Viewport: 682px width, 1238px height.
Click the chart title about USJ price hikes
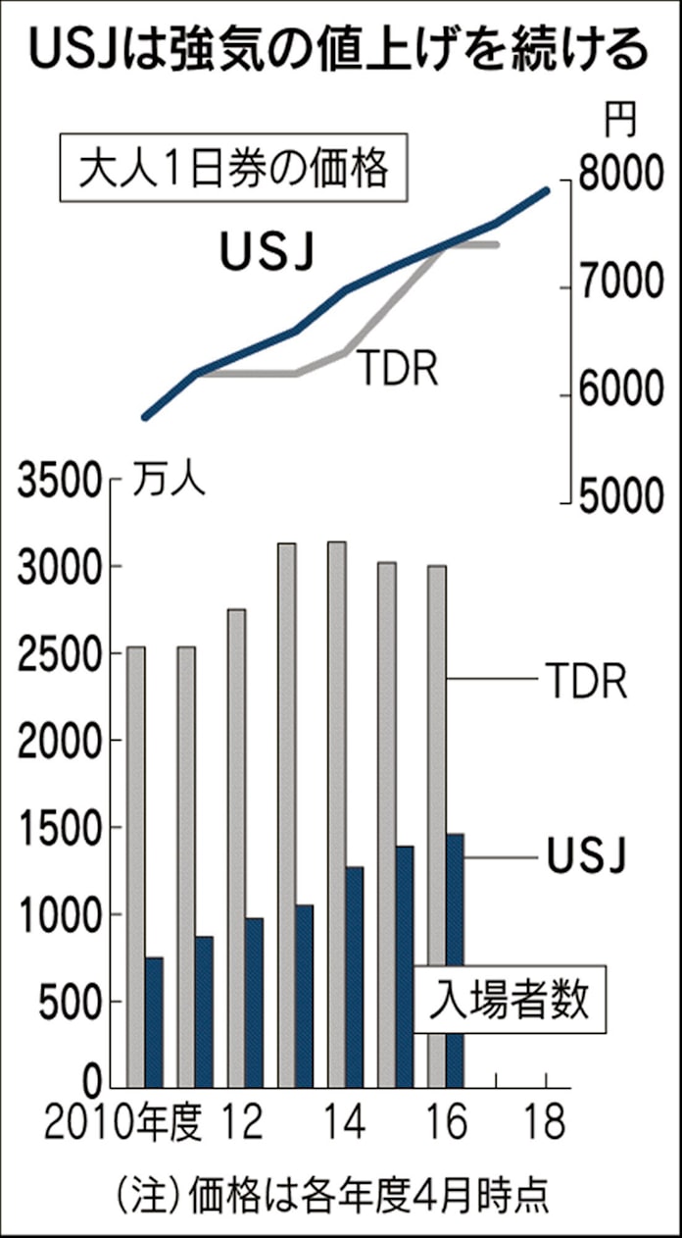pos(340,49)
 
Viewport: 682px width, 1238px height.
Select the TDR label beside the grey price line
pos(396,370)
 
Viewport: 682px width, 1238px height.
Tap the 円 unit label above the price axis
pos(618,122)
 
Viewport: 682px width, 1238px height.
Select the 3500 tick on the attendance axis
pos(58,482)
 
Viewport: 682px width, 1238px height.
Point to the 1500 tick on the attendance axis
pos(58,829)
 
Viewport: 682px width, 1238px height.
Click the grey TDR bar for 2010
pos(136,863)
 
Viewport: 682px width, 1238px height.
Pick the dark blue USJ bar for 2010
pos(154,1020)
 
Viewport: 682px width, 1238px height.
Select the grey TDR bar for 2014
pos(336,814)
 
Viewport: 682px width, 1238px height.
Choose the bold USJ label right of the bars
pos(585,856)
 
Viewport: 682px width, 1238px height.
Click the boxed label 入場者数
pos(510,1003)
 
